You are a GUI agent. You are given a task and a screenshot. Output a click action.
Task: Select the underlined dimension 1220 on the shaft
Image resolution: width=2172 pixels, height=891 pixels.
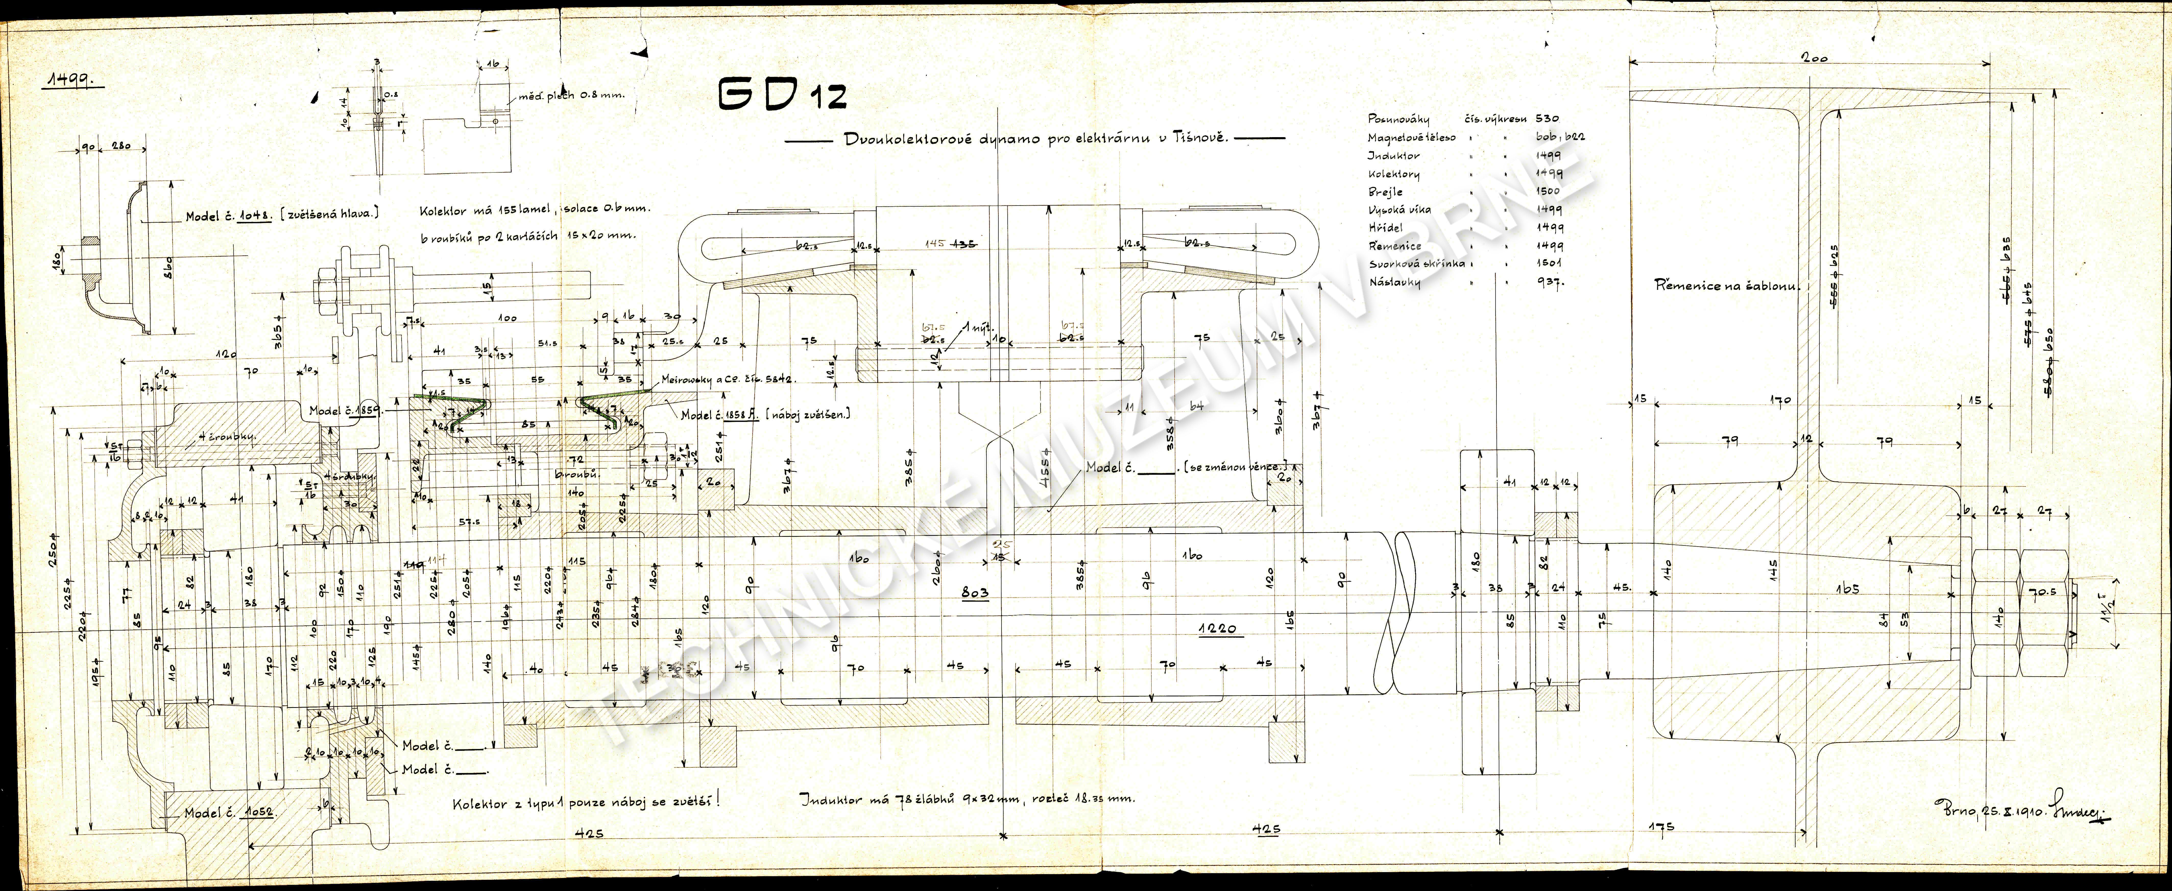click(1221, 628)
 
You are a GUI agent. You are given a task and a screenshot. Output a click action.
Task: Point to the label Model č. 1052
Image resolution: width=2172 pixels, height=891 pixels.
click(229, 813)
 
